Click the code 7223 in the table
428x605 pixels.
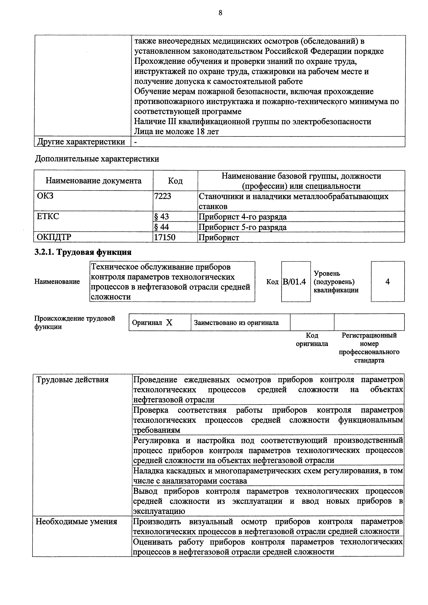click(163, 196)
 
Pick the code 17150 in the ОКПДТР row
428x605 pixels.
click(165, 237)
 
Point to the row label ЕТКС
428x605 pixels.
click(48, 217)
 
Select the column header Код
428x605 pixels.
click(175, 181)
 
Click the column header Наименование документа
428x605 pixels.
click(94, 181)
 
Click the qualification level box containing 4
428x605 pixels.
click(387, 282)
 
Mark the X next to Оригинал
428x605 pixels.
click(169, 323)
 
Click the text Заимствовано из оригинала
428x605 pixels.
click(236, 323)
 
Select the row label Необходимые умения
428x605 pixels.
click(76, 522)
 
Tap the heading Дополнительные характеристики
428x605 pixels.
click(97, 159)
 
